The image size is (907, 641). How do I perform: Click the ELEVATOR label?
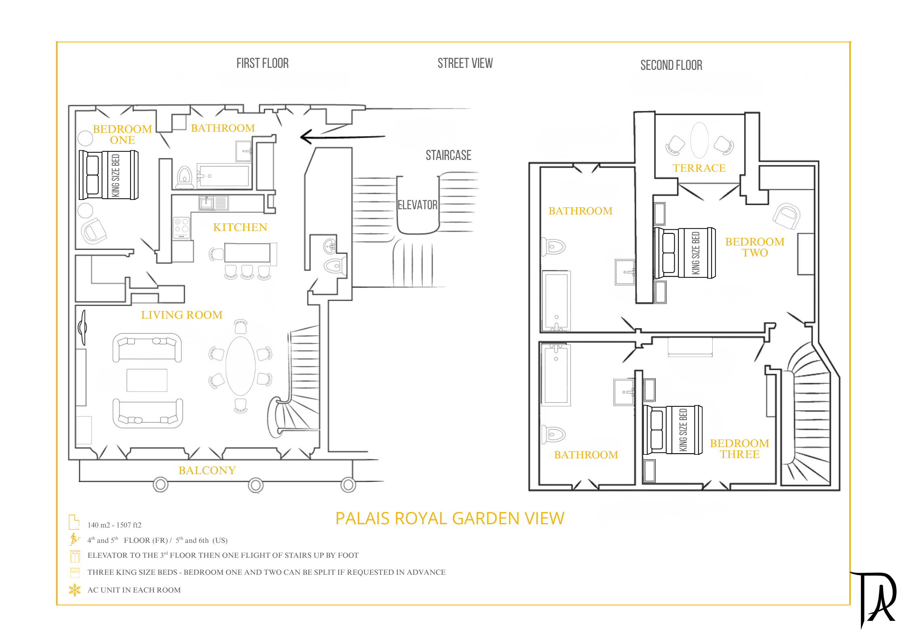point(417,205)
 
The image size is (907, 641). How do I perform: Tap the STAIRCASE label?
point(448,155)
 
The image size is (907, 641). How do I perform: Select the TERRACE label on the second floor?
point(699,168)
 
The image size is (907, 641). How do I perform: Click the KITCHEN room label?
point(240,227)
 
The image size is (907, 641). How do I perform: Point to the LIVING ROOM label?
point(182,315)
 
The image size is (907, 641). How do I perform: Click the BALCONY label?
point(207,470)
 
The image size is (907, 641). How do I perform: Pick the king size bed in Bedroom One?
point(109,175)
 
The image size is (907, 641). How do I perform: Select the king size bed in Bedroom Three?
point(673,430)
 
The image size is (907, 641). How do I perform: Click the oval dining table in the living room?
point(240,366)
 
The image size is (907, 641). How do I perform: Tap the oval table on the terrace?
point(699,140)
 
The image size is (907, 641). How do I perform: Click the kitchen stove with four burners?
point(181,228)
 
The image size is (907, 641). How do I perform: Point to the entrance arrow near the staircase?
point(343,137)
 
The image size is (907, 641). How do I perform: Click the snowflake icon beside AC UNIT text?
point(75,590)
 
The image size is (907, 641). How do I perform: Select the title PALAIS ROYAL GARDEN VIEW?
point(450,518)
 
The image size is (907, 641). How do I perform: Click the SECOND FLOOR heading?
point(671,65)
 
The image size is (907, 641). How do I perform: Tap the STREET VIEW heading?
point(465,63)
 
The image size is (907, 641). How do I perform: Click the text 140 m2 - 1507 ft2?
point(114,525)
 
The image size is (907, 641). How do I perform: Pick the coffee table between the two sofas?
point(147,380)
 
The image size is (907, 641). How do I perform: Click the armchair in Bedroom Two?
point(786,216)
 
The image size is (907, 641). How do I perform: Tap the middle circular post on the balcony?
point(255,485)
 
